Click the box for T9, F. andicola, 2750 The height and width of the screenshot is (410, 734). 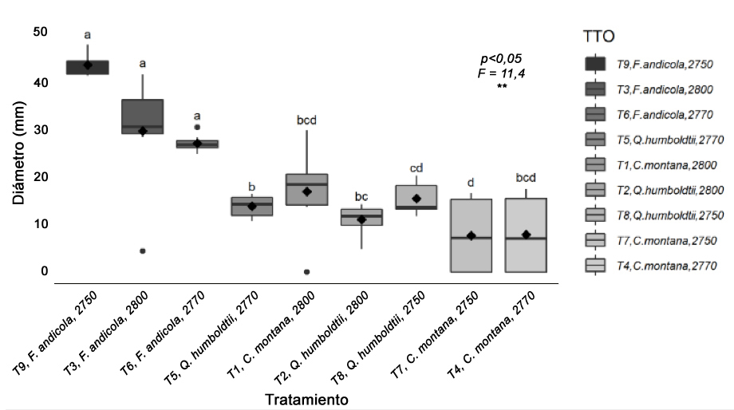pyautogui.click(x=88, y=67)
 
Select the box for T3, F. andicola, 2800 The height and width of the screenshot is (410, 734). pyautogui.click(x=143, y=116)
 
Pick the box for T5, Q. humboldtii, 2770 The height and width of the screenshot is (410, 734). pyautogui.click(x=252, y=207)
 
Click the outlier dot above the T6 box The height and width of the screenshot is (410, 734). pyautogui.click(x=197, y=127)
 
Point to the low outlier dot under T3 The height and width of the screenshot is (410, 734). pyautogui.click(x=143, y=251)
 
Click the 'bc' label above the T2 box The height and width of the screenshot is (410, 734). pyautogui.click(x=361, y=196)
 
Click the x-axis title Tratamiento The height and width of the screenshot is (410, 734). pyautogui.click(x=307, y=396)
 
